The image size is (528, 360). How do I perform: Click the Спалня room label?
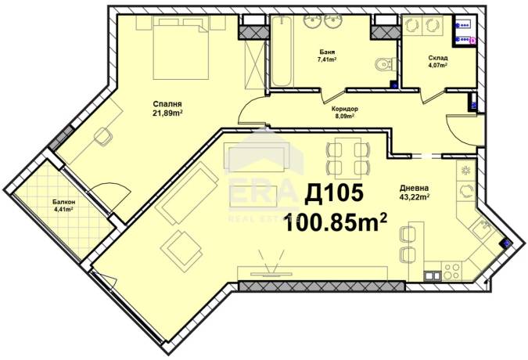click(167, 104)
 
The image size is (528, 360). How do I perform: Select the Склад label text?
click(438, 58)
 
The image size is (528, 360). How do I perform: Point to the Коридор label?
click(344, 109)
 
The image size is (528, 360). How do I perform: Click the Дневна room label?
click(414, 188)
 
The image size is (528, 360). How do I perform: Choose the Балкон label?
click(63, 203)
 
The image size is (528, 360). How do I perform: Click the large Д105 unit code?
click(334, 195)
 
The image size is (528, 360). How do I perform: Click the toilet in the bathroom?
click(386, 63)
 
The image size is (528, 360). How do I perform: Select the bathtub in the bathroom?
click(282, 51)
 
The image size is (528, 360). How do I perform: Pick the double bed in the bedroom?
click(181, 49)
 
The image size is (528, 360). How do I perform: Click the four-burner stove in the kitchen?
click(451, 271)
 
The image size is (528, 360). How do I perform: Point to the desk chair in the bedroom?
click(102, 137)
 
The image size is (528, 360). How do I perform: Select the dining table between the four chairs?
click(348, 158)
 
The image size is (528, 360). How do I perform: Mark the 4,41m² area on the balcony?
click(63, 209)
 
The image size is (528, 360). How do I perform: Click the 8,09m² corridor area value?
click(344, 116)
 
